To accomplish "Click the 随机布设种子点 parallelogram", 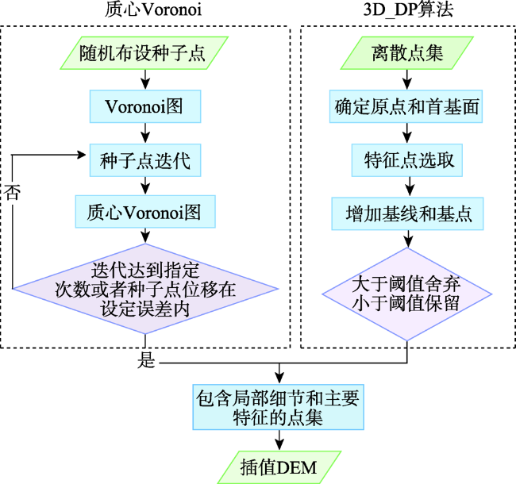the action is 144,53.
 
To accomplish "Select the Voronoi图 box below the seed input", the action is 145,106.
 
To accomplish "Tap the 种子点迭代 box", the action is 145,160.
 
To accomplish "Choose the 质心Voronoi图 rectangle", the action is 145,211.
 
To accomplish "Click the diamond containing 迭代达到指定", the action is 145,289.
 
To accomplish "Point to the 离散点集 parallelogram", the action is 406,53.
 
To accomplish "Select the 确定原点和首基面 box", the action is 406,106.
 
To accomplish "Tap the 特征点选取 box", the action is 407,160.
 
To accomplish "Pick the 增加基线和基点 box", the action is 407,213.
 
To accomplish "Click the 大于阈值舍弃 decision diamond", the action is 407,294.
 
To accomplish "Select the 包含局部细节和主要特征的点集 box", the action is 278,407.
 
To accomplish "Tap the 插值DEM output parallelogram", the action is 279,467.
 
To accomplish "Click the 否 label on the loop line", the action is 12,192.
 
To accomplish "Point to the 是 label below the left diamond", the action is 146,359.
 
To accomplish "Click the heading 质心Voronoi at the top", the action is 153,10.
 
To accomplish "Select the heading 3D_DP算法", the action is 408,10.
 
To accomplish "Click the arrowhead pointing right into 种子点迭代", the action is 81,154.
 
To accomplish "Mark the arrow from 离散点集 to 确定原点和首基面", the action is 407,79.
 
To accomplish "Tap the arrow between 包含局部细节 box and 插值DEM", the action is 279,440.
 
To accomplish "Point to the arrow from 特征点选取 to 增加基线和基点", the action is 410,186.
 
